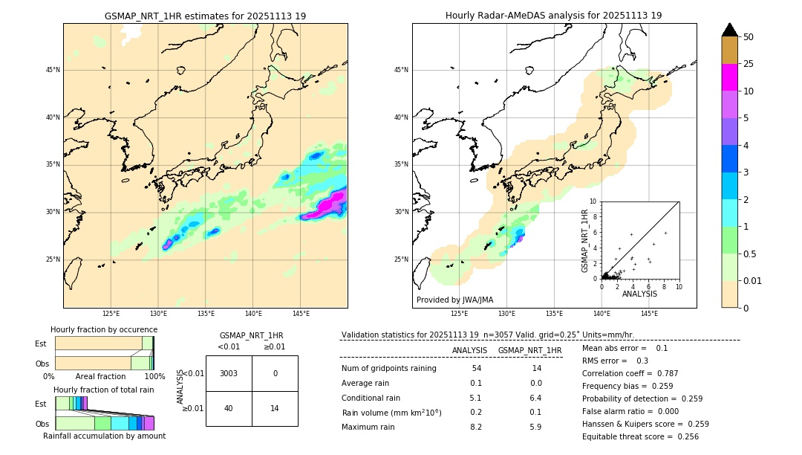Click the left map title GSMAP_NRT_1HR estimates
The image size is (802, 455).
click(205, 16)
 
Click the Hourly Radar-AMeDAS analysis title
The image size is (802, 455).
click(553, 16)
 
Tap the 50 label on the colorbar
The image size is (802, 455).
click(749, 36)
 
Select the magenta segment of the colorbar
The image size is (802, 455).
click(729, 77)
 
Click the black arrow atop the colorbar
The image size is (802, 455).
click(729, 30)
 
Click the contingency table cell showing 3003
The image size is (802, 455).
click(229, 373)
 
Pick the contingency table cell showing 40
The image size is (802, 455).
click(229, 408)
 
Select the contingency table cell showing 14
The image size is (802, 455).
click(275, 408)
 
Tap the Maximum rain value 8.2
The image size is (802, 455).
click(476, 427)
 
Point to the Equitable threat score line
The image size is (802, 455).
click(640, 436)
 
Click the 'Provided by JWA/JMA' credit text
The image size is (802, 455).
click(454, 300)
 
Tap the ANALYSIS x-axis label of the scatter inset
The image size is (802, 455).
click(639, 294)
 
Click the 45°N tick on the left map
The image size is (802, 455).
click(53, 70)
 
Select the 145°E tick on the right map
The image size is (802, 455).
click(649, 314)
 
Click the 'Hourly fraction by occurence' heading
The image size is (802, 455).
click(104, 329)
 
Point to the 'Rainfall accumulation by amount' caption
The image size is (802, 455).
click(104, 436)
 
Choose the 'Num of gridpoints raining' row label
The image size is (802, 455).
click(388, 368)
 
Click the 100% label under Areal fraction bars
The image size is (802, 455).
click(154, 376)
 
